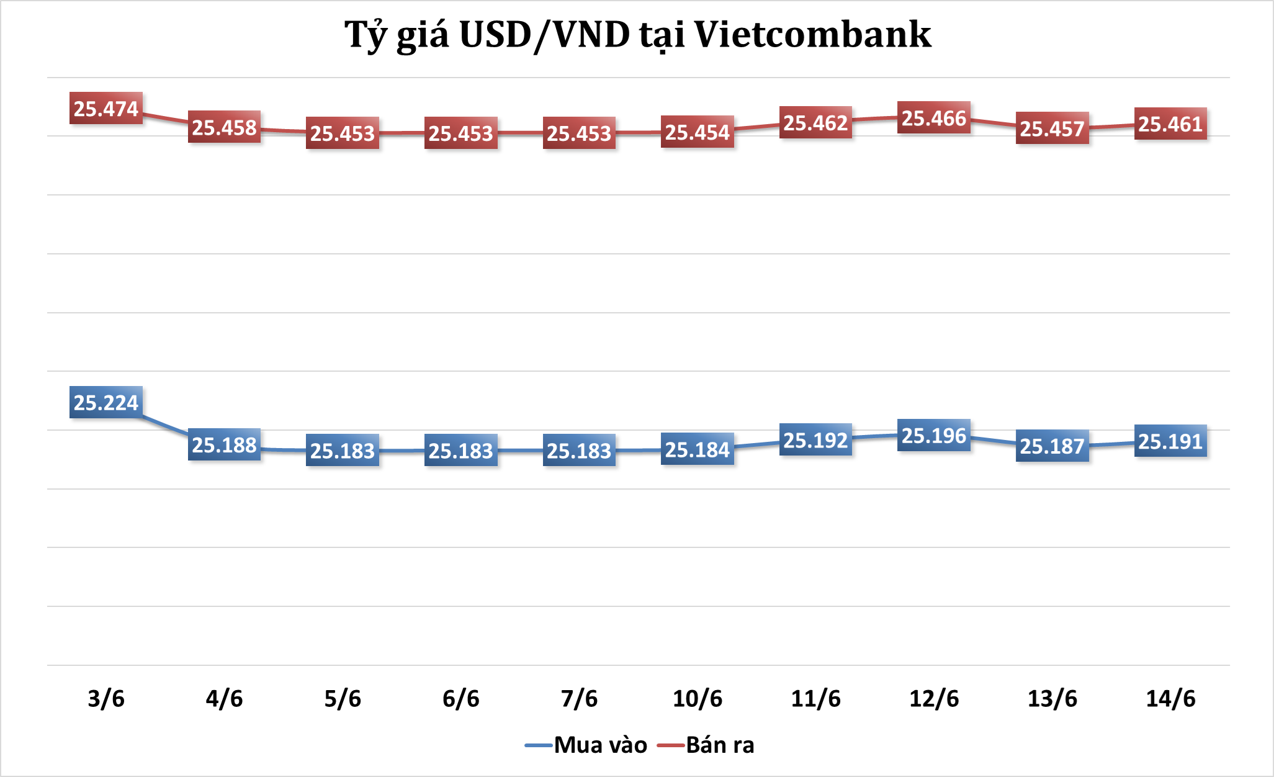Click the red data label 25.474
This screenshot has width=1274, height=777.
tap(106, 109)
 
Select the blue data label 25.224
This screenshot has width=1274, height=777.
tap(106, 403)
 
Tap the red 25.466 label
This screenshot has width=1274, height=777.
tap(934, 118)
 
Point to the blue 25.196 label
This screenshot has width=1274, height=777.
tap(934, 436)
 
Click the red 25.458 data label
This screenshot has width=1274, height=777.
tap(224, 127)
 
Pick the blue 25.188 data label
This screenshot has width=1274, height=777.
tap(224, 445)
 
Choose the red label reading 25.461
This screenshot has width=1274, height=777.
tap(1170, 124)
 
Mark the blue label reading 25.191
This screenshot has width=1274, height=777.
tap(1170, 441)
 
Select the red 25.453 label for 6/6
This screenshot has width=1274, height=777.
tap(460, 133)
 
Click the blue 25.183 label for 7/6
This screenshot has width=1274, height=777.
tap(579, 451)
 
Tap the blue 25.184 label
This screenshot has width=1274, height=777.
tap(698, 449)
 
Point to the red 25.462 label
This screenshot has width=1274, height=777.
tap(815, 123)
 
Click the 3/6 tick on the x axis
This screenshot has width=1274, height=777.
tap(106, 699)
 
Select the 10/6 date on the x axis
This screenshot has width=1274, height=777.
tap(698, 699)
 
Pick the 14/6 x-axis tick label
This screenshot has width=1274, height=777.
tap(1170, 699)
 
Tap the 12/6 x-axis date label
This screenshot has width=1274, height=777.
tap(934, 699)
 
